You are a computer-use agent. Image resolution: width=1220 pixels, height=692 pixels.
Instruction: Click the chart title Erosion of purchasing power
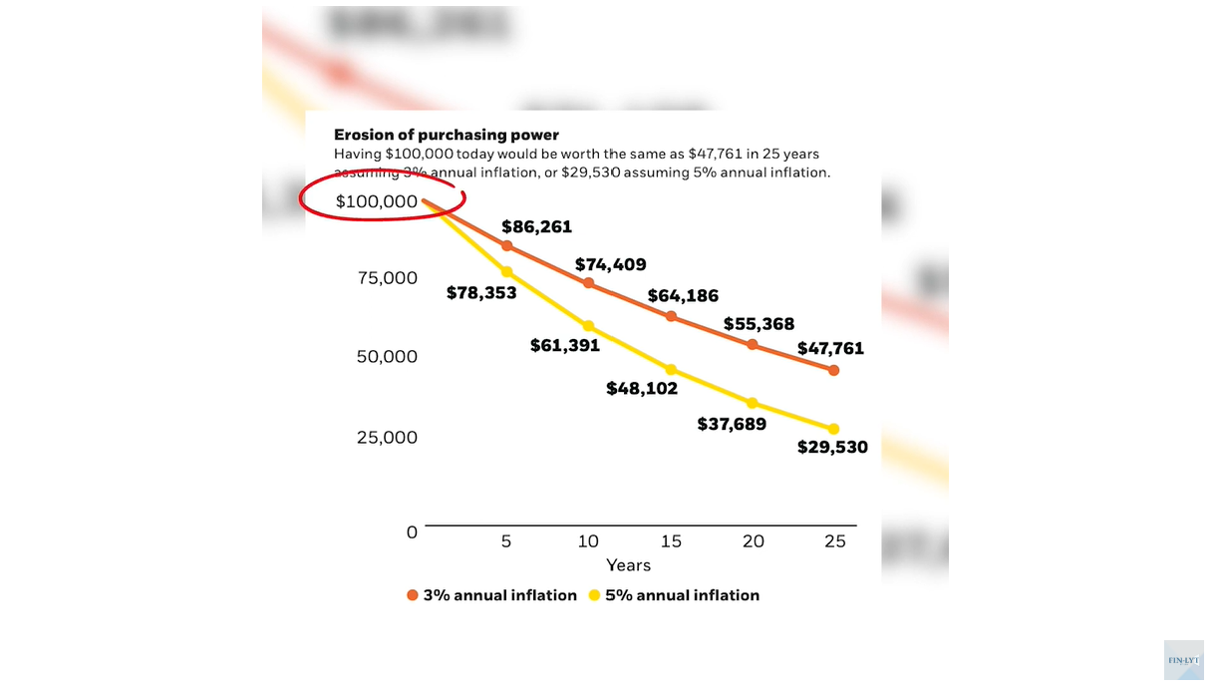click(x=446, y=135)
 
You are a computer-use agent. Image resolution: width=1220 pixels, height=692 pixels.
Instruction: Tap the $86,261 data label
click(x=536, y=227)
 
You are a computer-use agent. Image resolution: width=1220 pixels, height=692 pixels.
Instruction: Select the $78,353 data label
click(x=481, y=293)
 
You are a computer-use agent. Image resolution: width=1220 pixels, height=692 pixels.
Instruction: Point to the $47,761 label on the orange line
click(x=830, y=349)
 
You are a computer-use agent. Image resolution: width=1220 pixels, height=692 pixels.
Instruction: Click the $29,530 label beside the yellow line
click(x=832, y=448)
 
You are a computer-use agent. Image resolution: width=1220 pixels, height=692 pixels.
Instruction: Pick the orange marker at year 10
click(x=588, y=283)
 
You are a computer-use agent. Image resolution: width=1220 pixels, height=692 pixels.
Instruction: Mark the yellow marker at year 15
click(x=671, y=370)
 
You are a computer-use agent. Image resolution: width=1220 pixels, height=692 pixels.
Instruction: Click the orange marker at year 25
click(x=834, y=370)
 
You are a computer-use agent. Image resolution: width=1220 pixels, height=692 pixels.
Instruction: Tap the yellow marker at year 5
click(x=506, y=272)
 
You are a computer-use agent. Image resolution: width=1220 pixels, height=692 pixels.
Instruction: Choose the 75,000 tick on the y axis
click(x=387, y=278)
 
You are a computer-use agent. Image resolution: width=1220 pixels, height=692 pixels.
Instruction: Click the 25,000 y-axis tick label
click(x=387, y=438)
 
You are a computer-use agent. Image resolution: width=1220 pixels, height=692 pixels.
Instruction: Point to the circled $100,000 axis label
click(x=377, y=201)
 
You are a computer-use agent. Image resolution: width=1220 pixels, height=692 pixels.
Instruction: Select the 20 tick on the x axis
click(x=754, y=541)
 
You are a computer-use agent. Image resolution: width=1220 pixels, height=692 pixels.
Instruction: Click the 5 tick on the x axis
click(x=506, y=541)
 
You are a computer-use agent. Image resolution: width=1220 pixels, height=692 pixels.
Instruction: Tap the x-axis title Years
click(x=628, y=565)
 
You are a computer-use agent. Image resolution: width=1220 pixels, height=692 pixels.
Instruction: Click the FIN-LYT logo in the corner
click(x=1183, y=660)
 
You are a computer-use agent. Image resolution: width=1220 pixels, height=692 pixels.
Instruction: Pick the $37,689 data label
click(x=731, y=425)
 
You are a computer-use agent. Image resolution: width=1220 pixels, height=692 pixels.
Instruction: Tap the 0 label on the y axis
click(x=412, y=532)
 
